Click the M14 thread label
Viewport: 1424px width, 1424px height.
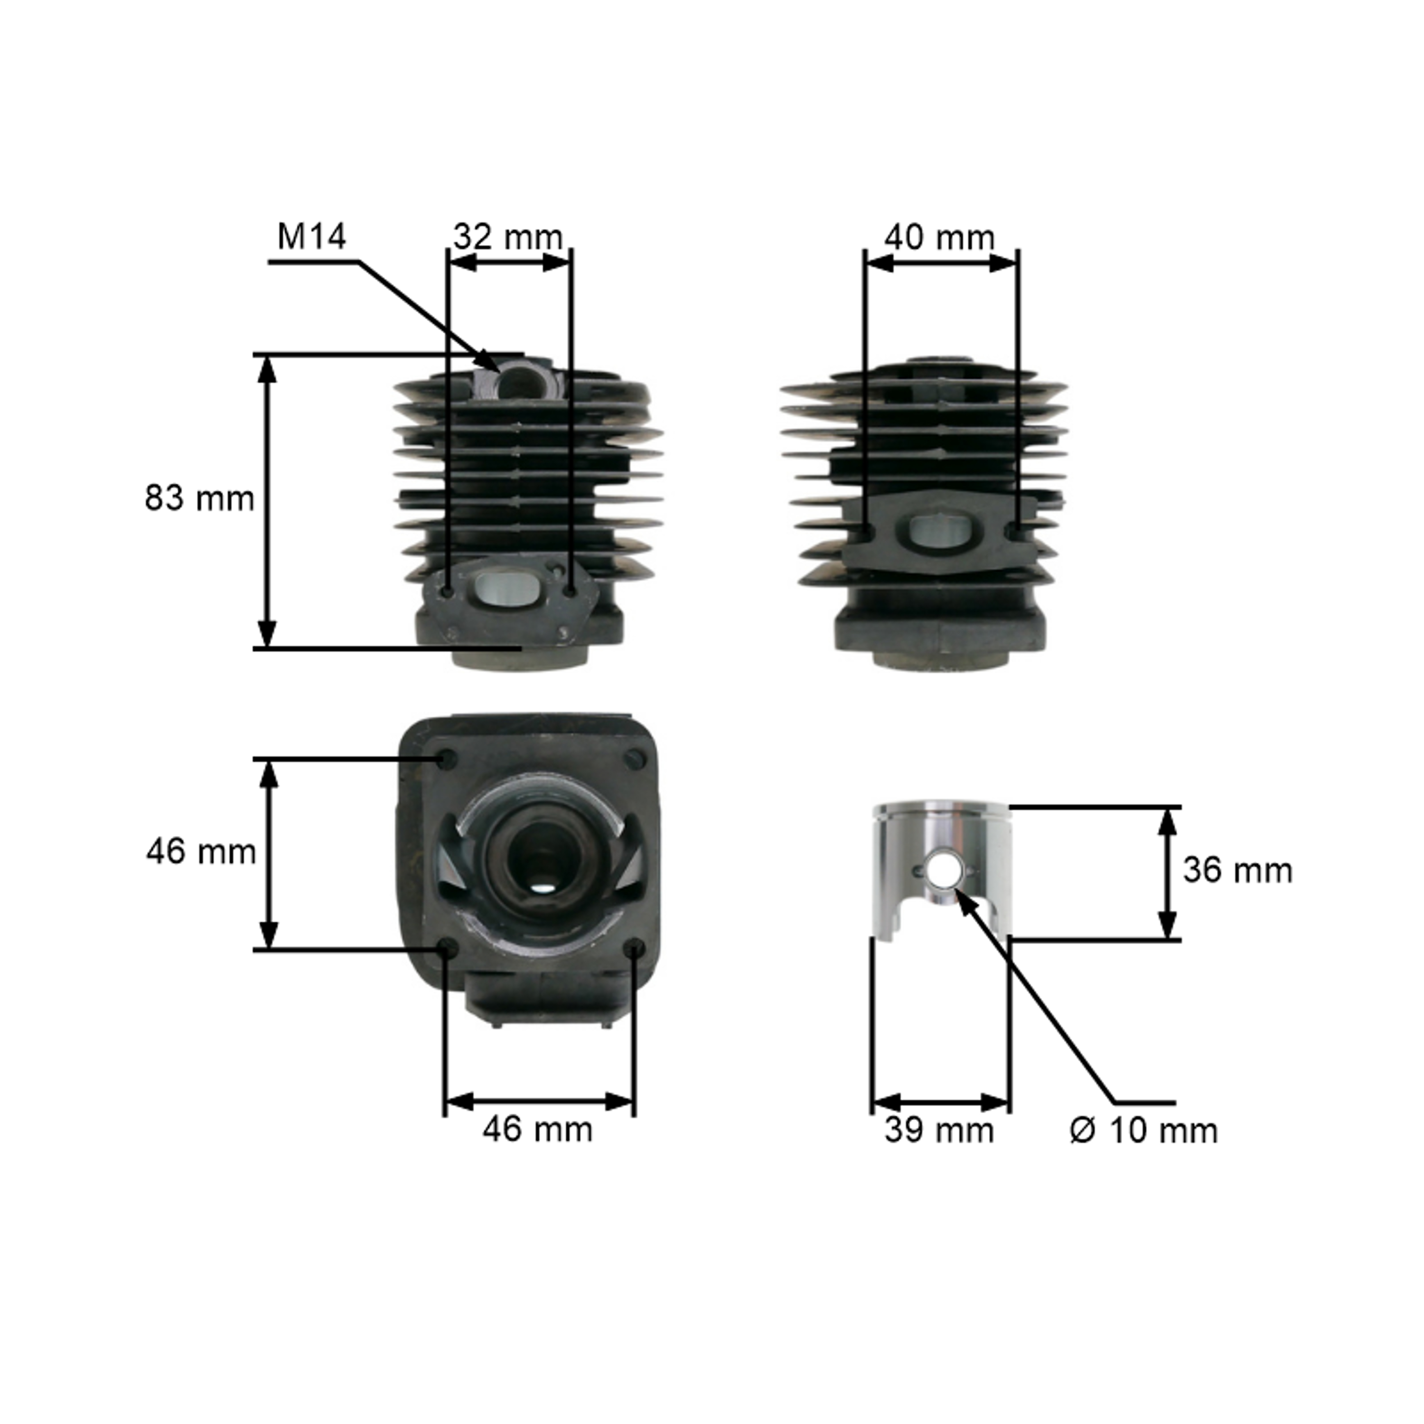coord(311,237)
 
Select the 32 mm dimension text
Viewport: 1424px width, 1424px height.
coord(508,237)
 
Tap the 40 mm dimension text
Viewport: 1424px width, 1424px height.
coord(939,237)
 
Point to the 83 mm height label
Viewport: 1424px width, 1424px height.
coord(199,498)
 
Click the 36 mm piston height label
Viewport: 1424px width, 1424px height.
coord(1237,871)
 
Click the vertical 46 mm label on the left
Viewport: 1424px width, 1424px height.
coord(200,852)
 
